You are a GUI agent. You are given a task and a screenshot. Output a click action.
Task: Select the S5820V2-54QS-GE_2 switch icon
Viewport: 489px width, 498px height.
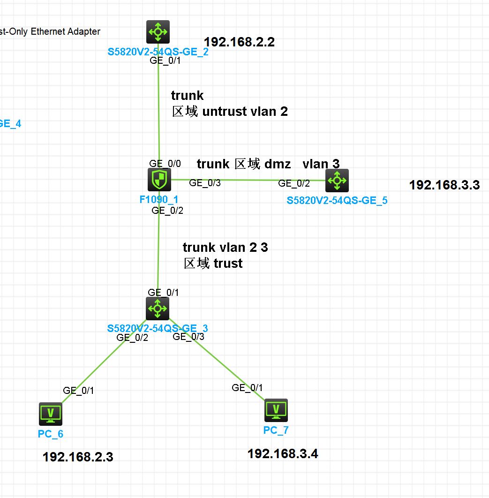(158, 32)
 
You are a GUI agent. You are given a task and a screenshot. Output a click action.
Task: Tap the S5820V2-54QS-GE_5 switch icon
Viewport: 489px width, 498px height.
(337, 181)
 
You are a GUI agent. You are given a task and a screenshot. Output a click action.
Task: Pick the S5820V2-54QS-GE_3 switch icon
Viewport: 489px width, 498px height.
(158, 309)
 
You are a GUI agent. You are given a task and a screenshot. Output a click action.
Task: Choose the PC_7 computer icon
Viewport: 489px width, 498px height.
(276, 410)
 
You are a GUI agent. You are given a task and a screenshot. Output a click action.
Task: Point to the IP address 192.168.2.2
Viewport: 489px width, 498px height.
(239, 42)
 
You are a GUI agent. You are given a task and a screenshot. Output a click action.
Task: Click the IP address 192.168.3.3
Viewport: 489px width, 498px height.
(444, 185)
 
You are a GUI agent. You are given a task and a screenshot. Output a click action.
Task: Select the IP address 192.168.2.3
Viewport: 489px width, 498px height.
(78, 457)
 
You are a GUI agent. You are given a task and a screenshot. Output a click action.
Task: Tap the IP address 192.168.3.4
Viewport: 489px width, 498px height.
(283, 453)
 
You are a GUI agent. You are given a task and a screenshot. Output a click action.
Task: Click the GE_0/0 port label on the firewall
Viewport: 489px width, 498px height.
(165, 163)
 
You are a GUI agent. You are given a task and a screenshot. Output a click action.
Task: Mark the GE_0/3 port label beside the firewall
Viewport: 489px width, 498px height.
(205, 183)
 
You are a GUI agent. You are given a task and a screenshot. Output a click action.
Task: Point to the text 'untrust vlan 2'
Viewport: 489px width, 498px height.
(245, 112)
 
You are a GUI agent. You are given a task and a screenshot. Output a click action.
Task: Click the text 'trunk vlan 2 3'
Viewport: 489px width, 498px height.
(225, 248)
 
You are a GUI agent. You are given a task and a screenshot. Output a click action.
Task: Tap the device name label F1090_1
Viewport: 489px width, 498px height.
(158, 199)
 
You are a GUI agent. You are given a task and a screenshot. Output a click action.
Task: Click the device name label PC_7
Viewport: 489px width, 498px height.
(276, 430)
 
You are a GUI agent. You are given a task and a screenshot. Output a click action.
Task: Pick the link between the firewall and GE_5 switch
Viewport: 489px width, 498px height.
(248, 180)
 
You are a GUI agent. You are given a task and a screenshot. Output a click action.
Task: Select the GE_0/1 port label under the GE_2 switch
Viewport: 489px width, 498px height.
(161, 60)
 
